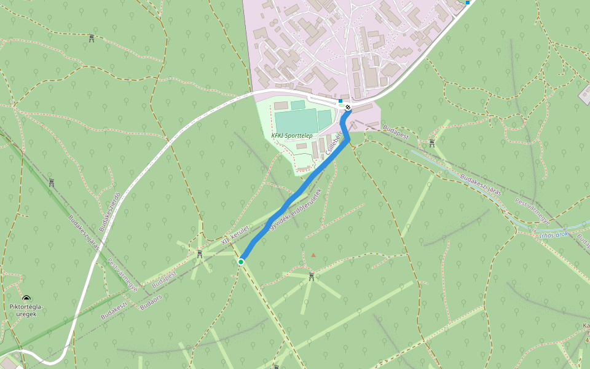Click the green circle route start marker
coord(241,262)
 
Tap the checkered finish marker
coord(348,108)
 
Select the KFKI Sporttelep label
coord(292,135)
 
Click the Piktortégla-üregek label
coord(27,310)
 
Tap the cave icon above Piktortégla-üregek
coord(26,298)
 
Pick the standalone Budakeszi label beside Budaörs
coord(114,308)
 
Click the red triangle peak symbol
coord(313,255)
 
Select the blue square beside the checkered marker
coord(340,100)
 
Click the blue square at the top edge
coord(468,2)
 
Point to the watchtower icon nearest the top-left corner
coord(92,38)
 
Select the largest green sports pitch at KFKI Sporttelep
coord(296,121)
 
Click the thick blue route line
coord(289,202)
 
